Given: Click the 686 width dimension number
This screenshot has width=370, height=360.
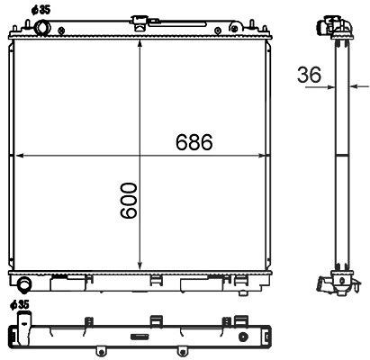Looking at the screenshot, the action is coord(194,142).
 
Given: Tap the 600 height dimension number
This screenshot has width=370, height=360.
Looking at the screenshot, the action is coord(129,200).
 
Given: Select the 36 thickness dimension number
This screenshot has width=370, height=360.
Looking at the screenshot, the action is coord(309,75).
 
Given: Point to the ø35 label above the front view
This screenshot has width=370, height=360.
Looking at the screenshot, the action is coord(41,10).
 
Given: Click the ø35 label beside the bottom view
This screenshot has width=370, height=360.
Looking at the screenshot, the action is coord(20,305).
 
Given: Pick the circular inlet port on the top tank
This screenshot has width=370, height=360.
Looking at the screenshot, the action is coord(42,28).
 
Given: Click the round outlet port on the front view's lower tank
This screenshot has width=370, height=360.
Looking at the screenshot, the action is coord(24,284).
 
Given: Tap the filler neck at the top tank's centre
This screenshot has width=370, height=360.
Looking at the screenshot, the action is coord(140,22).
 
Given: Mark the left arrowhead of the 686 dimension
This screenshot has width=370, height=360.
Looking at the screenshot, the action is coord(19,156).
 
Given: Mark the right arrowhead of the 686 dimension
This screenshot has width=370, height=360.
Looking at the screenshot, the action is coord(262,156).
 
